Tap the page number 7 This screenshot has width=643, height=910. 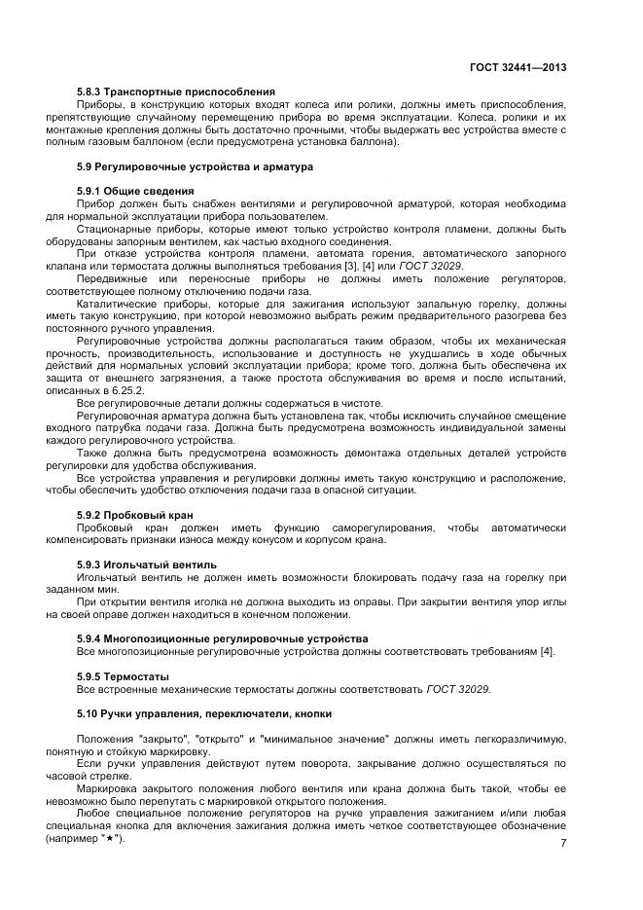563,844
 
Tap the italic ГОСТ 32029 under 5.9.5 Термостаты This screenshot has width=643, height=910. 458,689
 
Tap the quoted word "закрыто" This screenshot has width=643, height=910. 162,739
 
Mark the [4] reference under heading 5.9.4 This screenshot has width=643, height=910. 548,651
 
